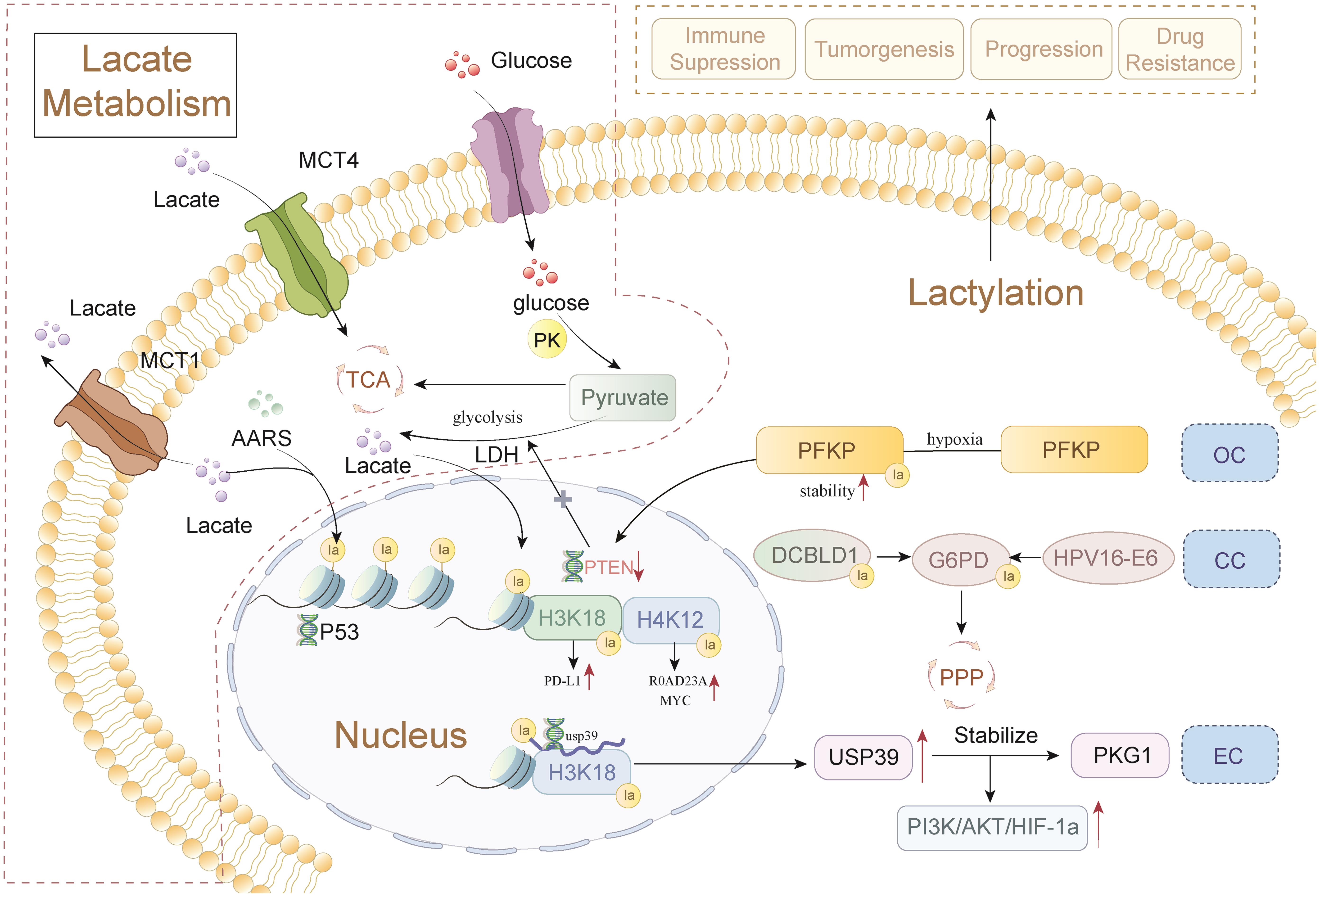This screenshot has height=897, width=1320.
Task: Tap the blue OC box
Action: coord(1230,454)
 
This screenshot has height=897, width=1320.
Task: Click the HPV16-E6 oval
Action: coord(1107,558)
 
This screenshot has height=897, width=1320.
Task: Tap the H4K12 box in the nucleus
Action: coord(670,619)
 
